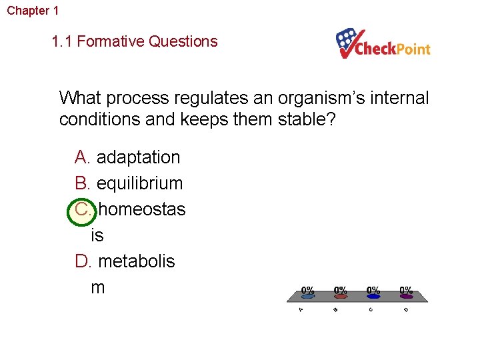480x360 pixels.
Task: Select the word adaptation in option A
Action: pos(138,157)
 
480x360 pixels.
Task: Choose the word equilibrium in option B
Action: pos(139,183)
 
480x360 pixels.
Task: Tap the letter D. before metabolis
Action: pos(83,261)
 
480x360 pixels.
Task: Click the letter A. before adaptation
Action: pos(83,157)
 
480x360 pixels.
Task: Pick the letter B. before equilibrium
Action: pos(83,183)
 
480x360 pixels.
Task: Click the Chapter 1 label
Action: pos(33,11)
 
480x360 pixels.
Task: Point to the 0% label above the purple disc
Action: pos(406,290)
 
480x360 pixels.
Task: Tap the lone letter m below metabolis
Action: pos(98,287)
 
